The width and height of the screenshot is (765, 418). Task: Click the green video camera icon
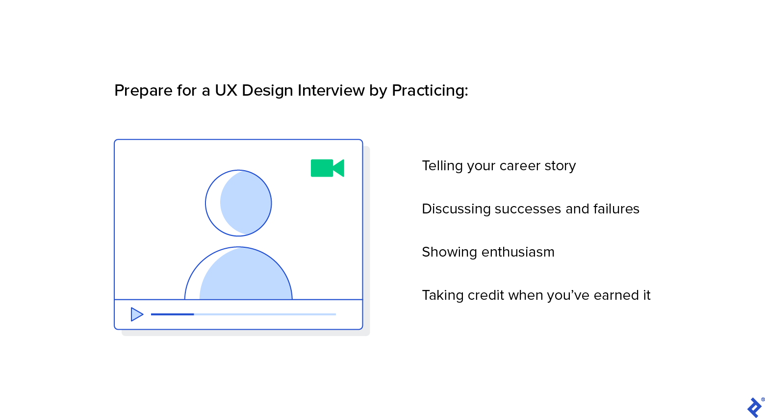(327, 168)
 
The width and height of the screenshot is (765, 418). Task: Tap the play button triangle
(137, 314)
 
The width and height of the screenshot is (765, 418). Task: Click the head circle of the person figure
(238, 203)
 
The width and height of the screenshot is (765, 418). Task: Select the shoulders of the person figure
(238, 273)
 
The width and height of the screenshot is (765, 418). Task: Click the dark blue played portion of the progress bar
(173, 314)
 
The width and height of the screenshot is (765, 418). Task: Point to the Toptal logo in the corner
(754, 407)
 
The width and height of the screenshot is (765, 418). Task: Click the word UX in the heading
(226, 91)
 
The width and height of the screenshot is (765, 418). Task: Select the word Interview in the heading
(331, 91)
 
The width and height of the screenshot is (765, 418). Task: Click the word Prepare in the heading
(143, 91)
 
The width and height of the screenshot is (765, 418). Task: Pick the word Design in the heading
(267, 91)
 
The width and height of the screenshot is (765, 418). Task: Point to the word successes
(528, 209)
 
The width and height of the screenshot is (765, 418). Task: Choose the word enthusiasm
(518, 252)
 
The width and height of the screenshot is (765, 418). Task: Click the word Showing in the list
(449, 253)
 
